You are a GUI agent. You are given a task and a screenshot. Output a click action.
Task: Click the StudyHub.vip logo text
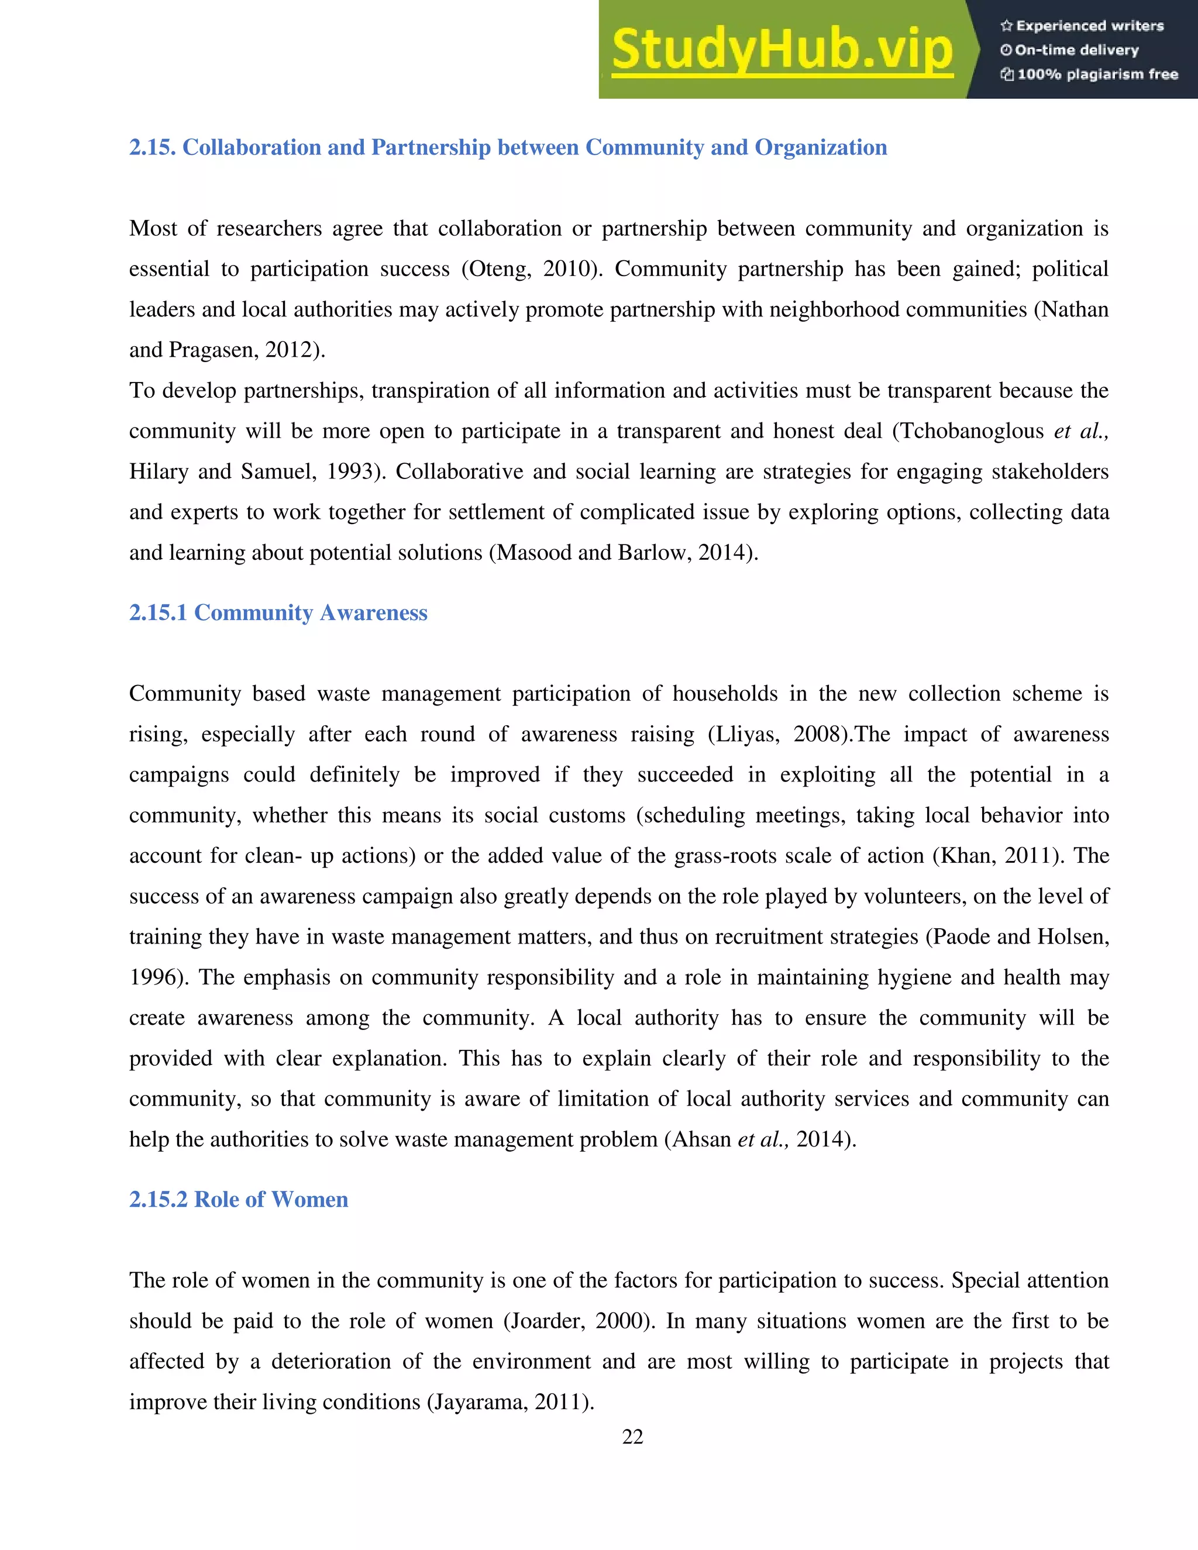tap(782, 50)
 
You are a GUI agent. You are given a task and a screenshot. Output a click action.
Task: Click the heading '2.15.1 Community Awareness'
tap(278, 612)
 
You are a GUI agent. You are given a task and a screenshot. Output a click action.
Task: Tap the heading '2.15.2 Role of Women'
tap(239, 1200)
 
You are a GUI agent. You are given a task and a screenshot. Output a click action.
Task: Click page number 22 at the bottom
tap(632, 1437)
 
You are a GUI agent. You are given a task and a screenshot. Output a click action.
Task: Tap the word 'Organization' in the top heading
tap(821, 147)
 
